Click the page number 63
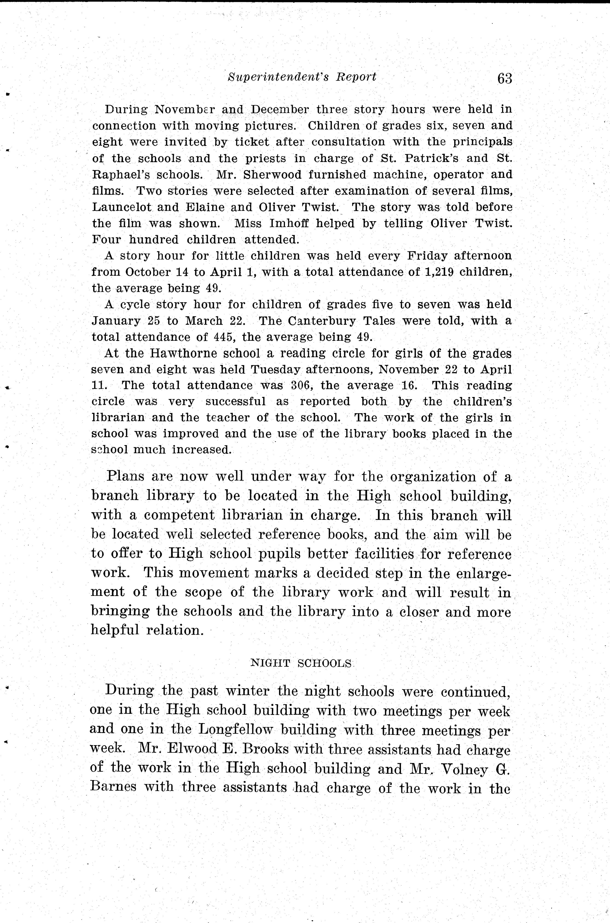505,78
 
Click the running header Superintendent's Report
302,77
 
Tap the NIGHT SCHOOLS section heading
302,663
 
